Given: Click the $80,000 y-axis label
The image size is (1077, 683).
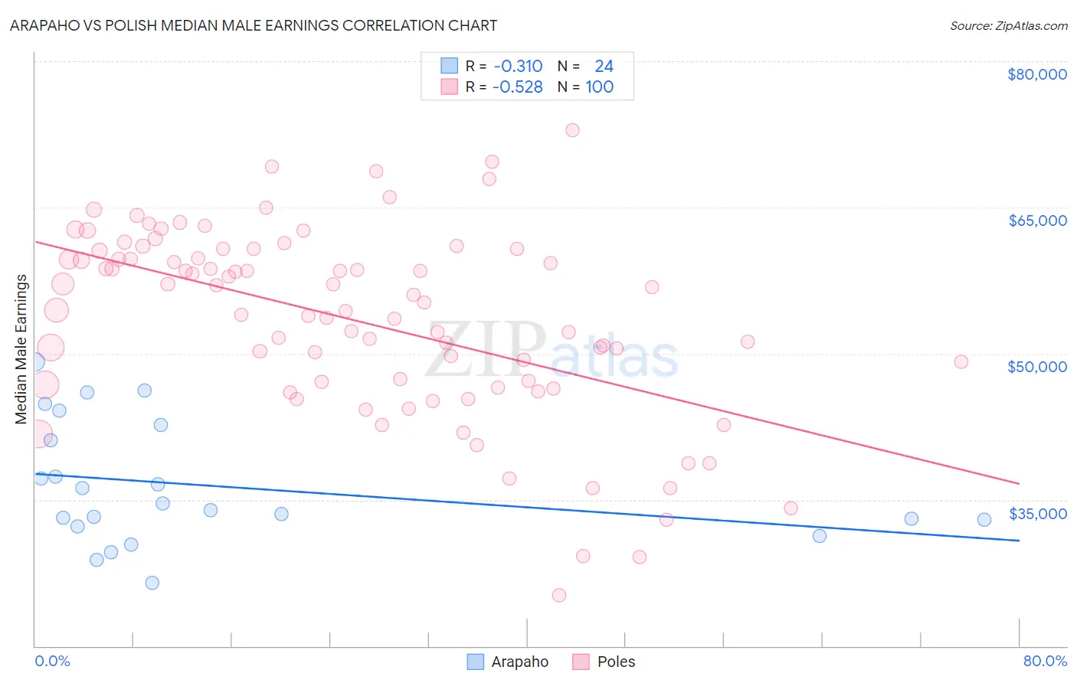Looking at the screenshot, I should coord(1036,74).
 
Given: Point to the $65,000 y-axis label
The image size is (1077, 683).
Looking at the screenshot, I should coord(1036,221).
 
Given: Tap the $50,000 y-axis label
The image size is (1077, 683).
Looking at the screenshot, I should coord(1036,367).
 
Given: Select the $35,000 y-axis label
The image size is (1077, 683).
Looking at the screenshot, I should coord(1037,513).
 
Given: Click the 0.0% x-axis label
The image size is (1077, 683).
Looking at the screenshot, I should coord(52,661).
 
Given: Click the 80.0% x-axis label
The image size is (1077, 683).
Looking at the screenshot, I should coord(1045,661).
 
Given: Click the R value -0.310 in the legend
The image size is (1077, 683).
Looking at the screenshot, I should coord(518,66).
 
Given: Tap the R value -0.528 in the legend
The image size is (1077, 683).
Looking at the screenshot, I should coord(517,87).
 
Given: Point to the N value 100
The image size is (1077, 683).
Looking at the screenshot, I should coord(600,87).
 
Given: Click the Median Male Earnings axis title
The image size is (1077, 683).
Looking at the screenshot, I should coord(21,348).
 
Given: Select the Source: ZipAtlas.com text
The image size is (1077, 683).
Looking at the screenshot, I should coord(1008,25).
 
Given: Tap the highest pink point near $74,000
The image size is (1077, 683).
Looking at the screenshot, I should coord(572,130).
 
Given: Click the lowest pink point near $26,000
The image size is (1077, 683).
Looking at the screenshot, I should coord(559,595).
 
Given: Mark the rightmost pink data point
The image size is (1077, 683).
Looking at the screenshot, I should coord(961,361).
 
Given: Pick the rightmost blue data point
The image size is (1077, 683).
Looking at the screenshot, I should coord(984,519).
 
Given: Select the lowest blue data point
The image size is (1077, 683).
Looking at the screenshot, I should coord(152,583).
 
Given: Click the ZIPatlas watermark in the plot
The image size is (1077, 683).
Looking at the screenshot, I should coord(552,349).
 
